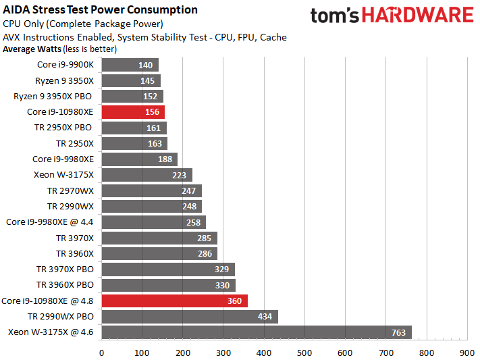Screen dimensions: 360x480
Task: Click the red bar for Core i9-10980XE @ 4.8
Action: (174, 301)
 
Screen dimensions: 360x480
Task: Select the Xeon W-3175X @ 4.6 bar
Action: (257, 332)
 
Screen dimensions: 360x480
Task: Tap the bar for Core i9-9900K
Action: (130, 65)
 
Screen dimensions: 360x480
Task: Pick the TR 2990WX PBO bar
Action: (190, 317)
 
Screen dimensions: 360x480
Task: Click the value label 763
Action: (398, 332)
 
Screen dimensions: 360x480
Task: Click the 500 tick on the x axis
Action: (304, 352)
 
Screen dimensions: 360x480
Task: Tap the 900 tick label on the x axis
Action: (466, 352)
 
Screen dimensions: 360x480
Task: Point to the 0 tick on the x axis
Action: (101, 352)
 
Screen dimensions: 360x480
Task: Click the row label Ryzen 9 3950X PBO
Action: (53, 96)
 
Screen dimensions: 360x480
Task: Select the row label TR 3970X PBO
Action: (65, 269)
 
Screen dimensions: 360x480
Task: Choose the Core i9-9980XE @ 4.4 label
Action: (49, 222)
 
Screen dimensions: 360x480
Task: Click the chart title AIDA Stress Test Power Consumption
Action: (101, 10)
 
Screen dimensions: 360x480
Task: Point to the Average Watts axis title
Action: (31, 49)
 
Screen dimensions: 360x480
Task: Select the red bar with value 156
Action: (133, 112)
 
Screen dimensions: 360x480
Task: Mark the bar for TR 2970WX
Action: (151, 190)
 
